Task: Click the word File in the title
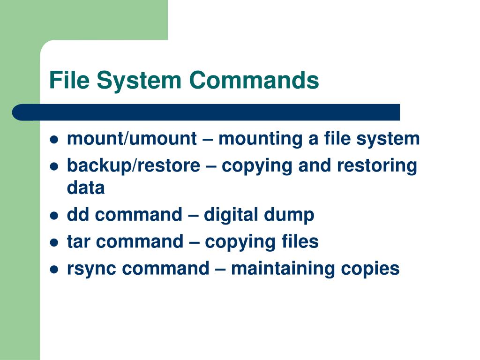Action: click(69, 80)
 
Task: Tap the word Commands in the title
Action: click(254, 80)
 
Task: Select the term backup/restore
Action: click(133, 166)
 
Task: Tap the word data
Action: click(86, 188)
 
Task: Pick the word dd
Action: click(77, 215)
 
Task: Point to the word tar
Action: click(79, 242)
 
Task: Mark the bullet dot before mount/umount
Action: click(54, 140)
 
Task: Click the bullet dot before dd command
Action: click(54, 216)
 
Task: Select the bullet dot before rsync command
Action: click(54, 270)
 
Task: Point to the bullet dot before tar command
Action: click(54, 243)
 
